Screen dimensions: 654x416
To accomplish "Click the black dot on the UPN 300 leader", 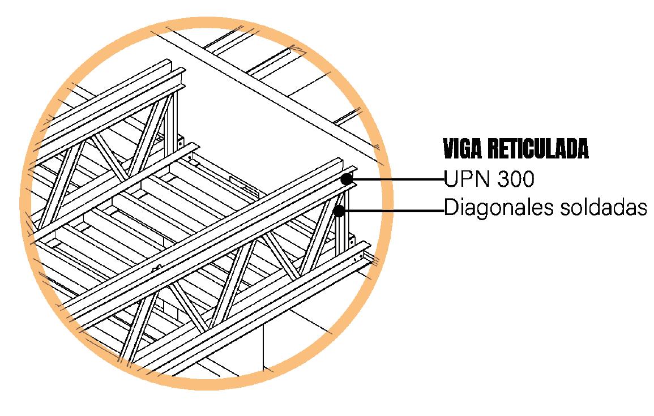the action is (x=346, y=179).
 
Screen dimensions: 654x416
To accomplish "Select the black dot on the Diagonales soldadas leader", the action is (x=340, y=211).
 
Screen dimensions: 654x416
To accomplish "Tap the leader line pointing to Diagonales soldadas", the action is (x=395, y=211).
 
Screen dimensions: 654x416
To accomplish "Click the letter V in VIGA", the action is (x=448, y=149).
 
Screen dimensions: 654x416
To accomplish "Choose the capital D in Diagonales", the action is (x=451, y=207).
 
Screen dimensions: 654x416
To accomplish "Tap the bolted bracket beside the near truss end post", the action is (x=352, y=241).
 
